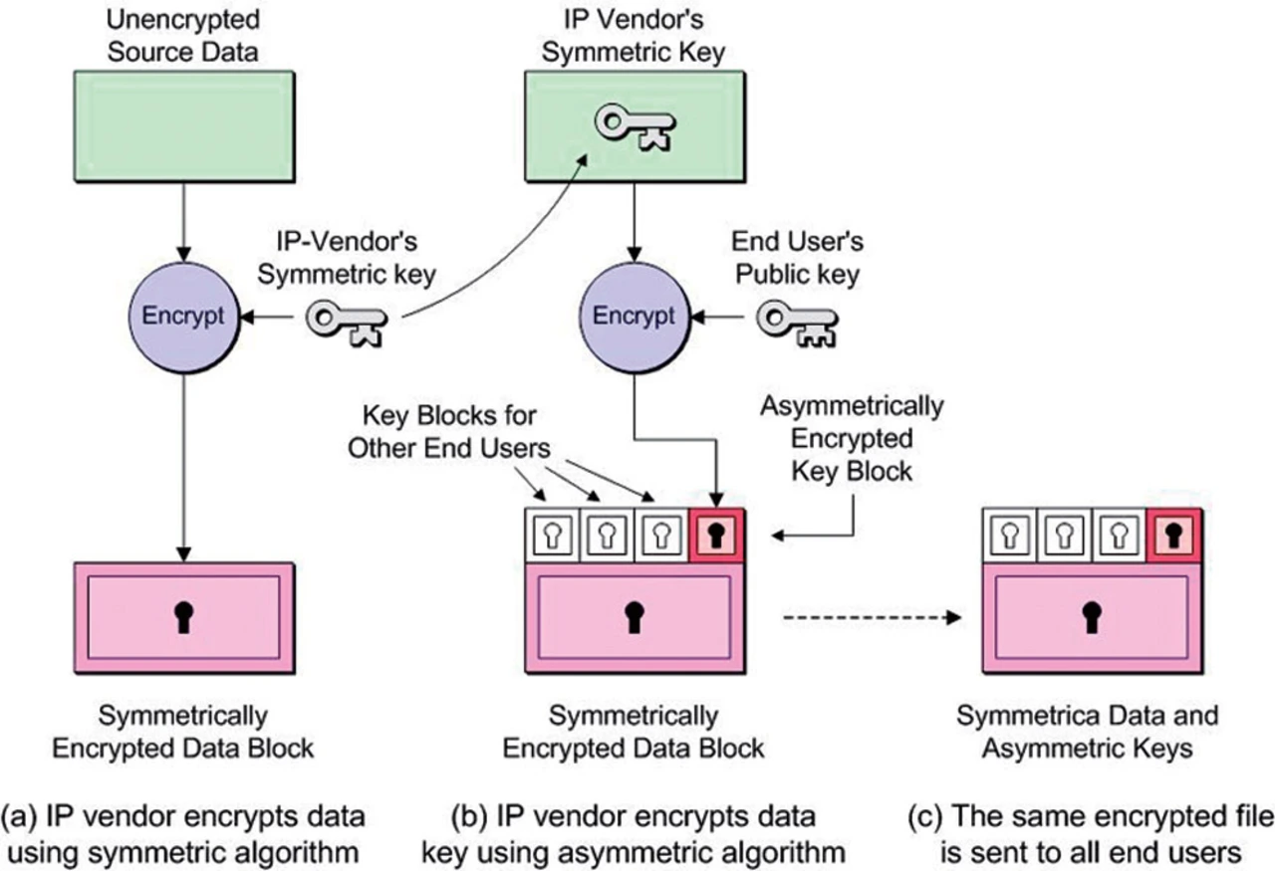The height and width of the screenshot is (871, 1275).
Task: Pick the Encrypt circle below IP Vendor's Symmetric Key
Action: coord(634,316)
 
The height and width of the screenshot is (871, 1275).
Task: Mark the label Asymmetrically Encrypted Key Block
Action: coord(852,438)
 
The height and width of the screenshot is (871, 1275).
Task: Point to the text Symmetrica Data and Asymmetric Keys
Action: coord(1087,732)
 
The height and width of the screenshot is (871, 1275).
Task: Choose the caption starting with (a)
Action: coord(183,833)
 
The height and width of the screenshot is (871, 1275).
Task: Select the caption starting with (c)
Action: coord(1092,833)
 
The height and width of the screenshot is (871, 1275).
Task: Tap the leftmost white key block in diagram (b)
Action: coord(548,535)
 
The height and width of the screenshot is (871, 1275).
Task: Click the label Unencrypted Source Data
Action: coord(183,34)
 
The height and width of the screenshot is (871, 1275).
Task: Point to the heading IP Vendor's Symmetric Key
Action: coord(634,34)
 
